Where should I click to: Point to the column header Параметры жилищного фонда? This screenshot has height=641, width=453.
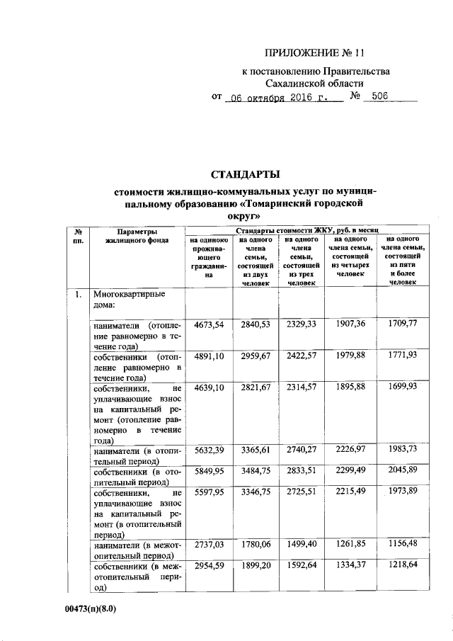[x=137, y=236]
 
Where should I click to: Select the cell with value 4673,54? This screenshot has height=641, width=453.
[x=208, y=324]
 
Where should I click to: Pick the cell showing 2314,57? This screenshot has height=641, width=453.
[x=304, y=389]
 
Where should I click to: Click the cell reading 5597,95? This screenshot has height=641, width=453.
[x=208, y=490]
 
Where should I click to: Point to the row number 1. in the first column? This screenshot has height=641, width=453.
[x=80, y=293]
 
